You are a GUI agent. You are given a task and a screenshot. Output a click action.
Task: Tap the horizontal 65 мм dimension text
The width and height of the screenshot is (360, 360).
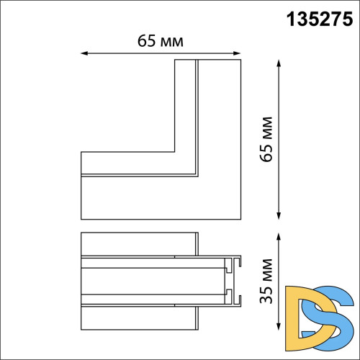point(161,41)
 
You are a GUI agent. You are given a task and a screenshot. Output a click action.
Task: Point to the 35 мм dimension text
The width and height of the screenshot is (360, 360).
point(269,282)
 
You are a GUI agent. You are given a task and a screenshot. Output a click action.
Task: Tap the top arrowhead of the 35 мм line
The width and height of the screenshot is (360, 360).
point(279,234)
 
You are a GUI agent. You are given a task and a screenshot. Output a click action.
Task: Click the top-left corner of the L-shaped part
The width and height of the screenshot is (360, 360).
point(175,60)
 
